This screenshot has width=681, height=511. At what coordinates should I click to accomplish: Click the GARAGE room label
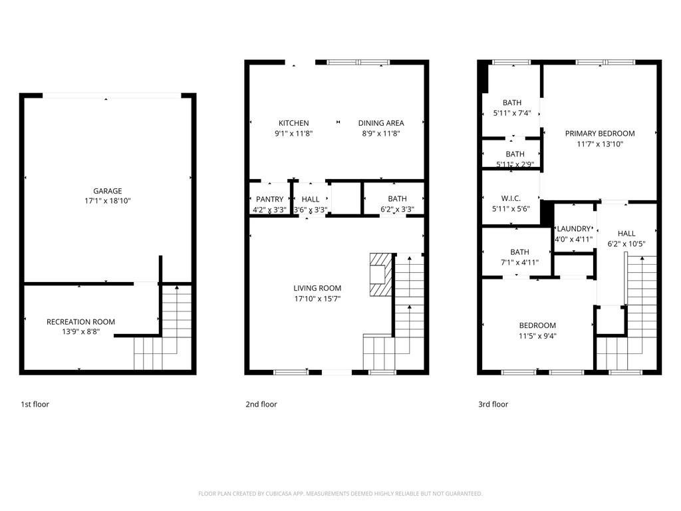(107, 191)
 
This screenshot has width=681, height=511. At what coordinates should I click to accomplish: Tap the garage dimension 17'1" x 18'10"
(107, 200)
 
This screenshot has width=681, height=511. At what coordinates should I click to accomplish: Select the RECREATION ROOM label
(80, 322)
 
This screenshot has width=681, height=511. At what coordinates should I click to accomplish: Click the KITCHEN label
(293, 123)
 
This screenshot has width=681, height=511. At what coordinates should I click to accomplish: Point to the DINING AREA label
(381, 123)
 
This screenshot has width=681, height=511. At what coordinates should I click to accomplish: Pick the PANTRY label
(269, 200)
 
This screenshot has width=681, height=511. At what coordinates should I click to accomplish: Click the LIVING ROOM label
(317, 288)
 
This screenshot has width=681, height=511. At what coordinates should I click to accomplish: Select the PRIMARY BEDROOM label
(600, 134)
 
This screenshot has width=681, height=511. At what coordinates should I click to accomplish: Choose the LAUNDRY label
(574, 229)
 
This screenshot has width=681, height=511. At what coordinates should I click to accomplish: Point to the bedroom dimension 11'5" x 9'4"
(537, 335)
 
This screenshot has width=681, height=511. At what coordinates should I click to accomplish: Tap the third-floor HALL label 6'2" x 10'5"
(626, 234)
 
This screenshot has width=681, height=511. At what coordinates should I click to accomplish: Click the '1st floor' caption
(35, 404)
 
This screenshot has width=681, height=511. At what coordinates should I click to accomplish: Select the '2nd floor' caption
(261, 404)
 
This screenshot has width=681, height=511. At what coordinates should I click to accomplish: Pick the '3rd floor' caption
(493, 404)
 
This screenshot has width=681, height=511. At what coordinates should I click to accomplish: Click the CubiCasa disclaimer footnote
(340, 494)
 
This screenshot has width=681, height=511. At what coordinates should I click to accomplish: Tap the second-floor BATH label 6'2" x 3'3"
(397, 199)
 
